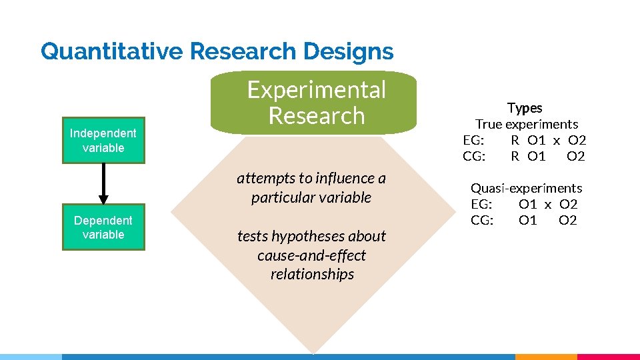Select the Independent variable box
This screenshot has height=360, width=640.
(103, 141)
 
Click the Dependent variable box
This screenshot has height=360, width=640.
(103, 227)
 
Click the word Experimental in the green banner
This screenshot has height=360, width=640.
(317, 90)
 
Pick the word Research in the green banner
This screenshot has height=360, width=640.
(317, 116)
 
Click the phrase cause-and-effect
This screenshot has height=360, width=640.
(311, 255)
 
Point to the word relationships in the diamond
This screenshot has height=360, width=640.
(312, 274)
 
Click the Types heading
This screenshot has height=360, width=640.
(525, 108)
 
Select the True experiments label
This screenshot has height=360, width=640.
(527, 124)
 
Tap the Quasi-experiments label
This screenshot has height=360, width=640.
(527, 188)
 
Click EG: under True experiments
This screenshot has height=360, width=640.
(473, 140)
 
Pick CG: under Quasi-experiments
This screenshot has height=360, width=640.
(482, 220)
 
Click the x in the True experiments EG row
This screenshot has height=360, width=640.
(557, 140)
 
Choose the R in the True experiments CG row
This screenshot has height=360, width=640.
(515, 156)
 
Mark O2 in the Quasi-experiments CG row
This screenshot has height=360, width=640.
(568, 220)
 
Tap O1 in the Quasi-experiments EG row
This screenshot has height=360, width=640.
(528, 204)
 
